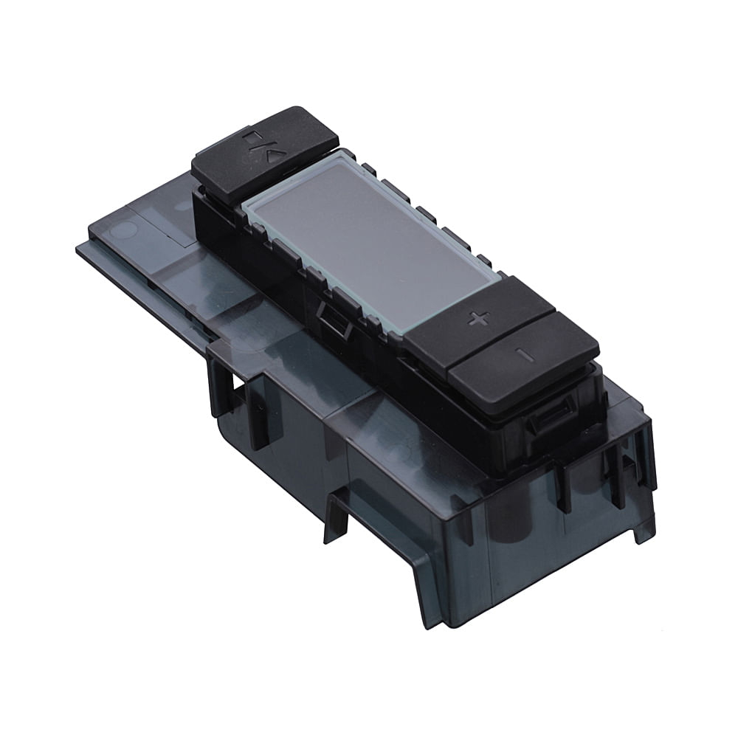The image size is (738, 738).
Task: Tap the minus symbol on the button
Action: pyautogui.click(x=525, y=354)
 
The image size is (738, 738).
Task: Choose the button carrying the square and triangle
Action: pyautogui.click(x=264, y=151)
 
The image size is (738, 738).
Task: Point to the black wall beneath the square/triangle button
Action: pyautogui.click(x=214, y=214)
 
